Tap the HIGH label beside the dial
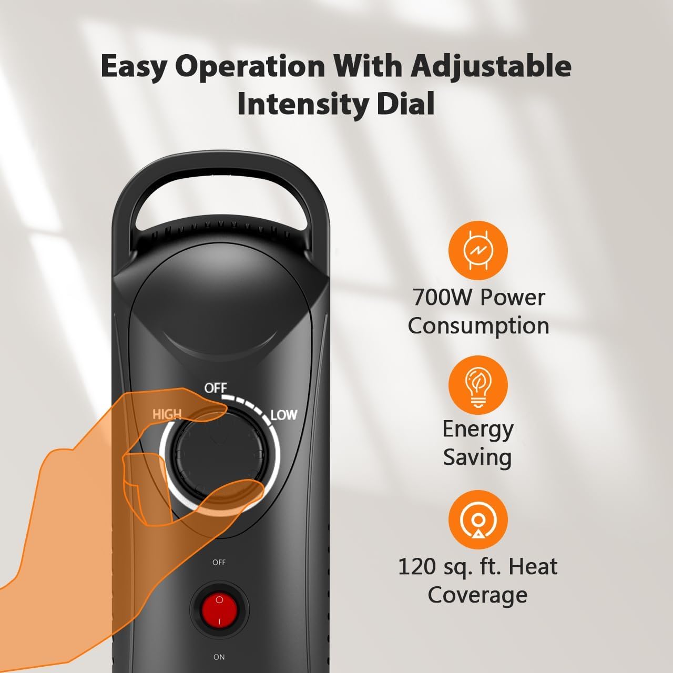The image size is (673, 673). [167, 414]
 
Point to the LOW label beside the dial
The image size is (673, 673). [284, 415]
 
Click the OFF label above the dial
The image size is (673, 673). [216, 388]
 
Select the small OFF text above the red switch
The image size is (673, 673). [219, 562]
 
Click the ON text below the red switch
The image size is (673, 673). [219, 657]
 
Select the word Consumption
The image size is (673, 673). [478, 326]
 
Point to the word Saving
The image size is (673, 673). [477, 457]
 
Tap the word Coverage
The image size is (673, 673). [477, 595]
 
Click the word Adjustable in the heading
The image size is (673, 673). [491, 66]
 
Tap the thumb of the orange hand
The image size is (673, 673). [231, 492]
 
